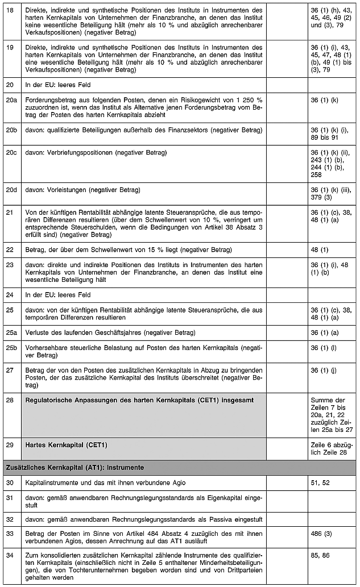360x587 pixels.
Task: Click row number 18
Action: [x=9, y=10]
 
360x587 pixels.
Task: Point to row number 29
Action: [x=9, y=444]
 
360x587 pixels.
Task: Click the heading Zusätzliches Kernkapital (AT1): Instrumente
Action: [x=74, y=468]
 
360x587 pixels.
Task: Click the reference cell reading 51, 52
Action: [x=320, y=482]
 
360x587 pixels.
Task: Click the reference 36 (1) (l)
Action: [x=322, y=347]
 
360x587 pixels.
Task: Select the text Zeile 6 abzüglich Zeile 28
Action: [x=332, y=448]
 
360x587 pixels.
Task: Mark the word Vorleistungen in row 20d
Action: [x=64, y=189]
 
